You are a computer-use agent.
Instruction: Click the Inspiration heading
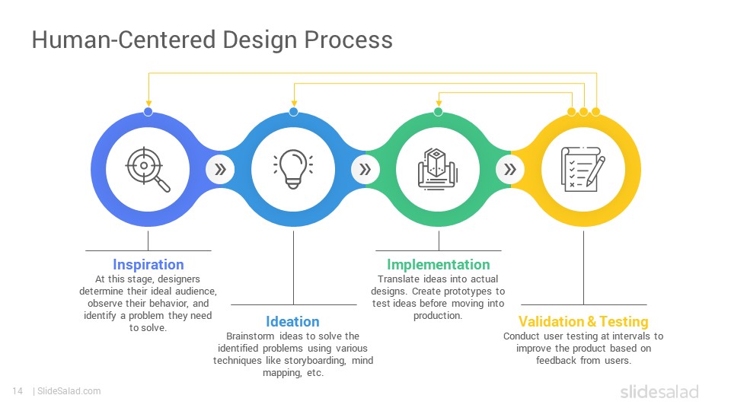[148, 265]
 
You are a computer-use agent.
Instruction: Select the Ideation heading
[292, 321]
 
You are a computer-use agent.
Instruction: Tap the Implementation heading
[439, 265]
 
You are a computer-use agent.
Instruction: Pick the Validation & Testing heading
[583, 321]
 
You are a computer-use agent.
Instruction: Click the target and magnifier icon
[148, 169]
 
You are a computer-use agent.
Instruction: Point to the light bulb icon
[293, 169]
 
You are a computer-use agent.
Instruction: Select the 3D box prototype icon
[438, 169]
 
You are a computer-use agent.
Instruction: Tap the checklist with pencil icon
[583, 169]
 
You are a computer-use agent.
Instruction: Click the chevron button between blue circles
[220, 169]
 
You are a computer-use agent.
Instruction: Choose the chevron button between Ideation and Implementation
[365, 169]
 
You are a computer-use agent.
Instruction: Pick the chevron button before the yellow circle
[510, 169]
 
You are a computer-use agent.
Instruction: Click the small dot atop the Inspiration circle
[148, 112]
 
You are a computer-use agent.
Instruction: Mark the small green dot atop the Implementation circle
[439, 112]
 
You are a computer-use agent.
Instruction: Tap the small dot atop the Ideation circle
[294, 112]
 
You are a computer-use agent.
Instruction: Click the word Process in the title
[348, 40]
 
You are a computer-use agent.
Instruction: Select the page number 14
[18, 391]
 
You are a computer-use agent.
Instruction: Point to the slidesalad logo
[659, 391]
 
